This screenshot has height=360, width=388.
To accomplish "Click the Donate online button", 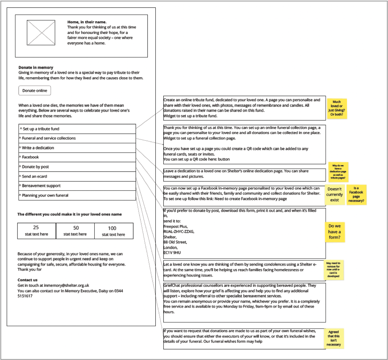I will pyautogui.click(x=35, y=91).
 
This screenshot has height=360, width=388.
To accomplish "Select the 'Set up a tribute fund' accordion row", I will pyautogui.click(x=77, y=129).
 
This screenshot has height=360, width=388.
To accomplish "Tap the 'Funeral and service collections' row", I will pyautogui.click(x=77, y=138).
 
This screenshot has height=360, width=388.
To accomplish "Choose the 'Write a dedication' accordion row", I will pyautogui.click(x=77, y=148).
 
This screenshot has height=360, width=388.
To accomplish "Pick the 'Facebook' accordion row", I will pyautogui.click(x=77, y=157).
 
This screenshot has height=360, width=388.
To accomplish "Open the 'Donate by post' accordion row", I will pyautogui.click(x=77, y=167).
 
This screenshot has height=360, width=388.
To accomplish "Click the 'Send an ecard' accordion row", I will pyautogui.click(x=77, y=176).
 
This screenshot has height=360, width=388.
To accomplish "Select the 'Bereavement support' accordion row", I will pyautogui.click(x=77, y=186).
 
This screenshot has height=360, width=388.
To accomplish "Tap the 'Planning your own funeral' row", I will pyautogui.click(x=77, y=195).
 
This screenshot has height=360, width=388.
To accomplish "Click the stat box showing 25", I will pyautogui.click(x=36, y=231).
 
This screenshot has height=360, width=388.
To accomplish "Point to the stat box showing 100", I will pyautogui.click(x=114, y=231).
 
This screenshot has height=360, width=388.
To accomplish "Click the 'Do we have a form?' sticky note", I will pyautogui.click(x=334, y=232).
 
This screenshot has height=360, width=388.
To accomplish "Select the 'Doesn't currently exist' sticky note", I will pyautogui.click(x=335, y=195).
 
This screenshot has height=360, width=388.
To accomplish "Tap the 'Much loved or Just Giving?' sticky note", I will pyautogui.click(x=336, y=108).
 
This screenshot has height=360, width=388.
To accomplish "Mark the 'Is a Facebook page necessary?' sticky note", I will pyautogui.click(x=356, y=195).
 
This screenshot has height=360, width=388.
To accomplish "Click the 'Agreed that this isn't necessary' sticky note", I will pyautogui.click(x=333, y=338).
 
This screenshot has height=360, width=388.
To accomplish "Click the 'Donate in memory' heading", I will pyautogui.click(x=36, y=67).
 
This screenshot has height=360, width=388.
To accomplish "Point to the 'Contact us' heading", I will pyautogui.click(x=28, y=280).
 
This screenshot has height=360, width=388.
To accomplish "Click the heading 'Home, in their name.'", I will pyautogui.click(x=87, y=22).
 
